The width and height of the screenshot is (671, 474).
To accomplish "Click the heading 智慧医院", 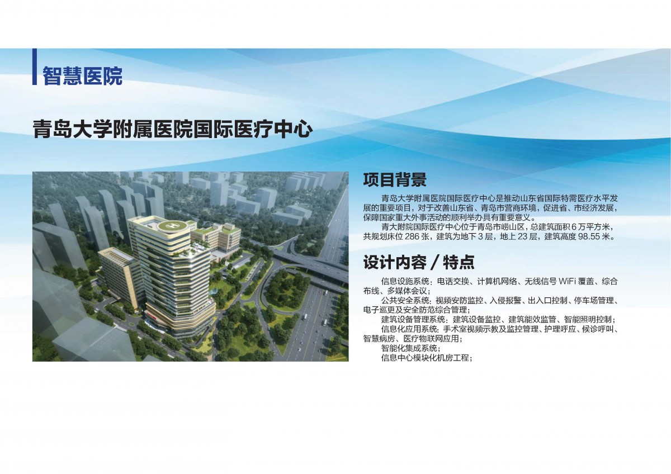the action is tap(82, 76).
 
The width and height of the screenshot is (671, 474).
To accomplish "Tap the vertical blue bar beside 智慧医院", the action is tap(35, 67).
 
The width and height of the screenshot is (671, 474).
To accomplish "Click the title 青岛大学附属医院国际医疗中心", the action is tap(173, 129).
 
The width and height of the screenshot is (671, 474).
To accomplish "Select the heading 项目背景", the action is tap(395, 179).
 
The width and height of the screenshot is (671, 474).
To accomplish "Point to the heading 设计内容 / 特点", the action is tap(419, 262).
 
